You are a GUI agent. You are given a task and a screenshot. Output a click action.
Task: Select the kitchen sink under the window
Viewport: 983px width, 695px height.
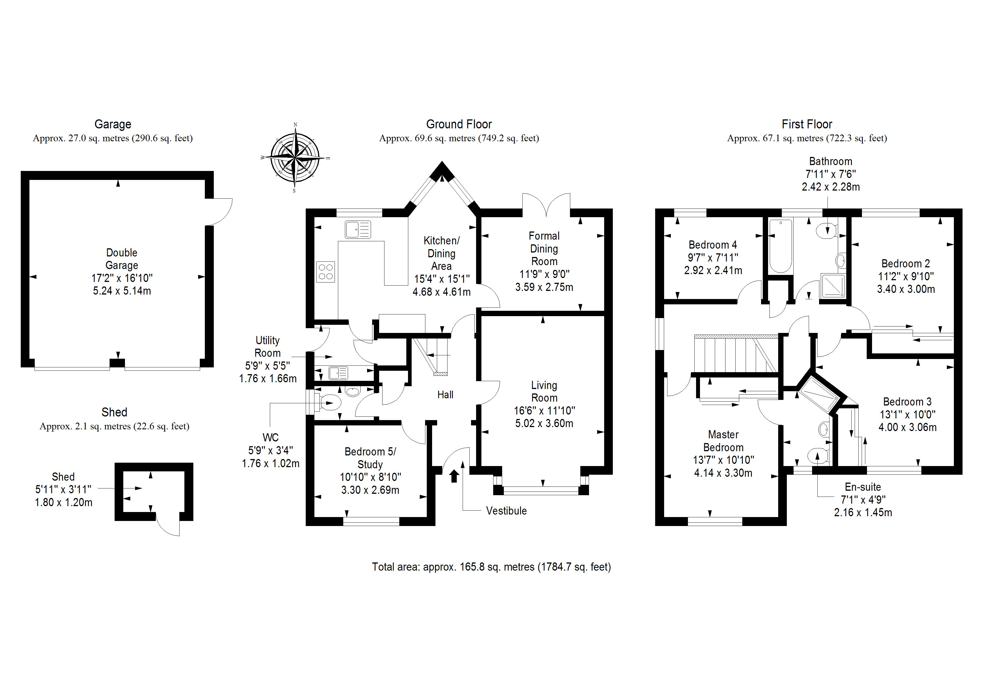pyautogui.click(x=358, y=230)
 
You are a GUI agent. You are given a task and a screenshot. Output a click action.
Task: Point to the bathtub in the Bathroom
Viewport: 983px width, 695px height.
pyautogui.click(x=780, y=246)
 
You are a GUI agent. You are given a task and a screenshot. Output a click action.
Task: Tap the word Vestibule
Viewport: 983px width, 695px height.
pyautogui.click(x=506, y=511)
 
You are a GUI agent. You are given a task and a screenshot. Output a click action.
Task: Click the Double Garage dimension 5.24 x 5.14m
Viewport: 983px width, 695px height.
pyautogui.click(x=122, y=291)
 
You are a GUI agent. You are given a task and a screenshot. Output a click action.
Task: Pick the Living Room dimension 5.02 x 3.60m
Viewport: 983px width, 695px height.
pyautogui.click(x=544, y=423)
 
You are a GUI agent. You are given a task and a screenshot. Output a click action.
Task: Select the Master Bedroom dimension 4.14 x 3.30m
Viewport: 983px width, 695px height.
pyautogui.click(x=723, y=473)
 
